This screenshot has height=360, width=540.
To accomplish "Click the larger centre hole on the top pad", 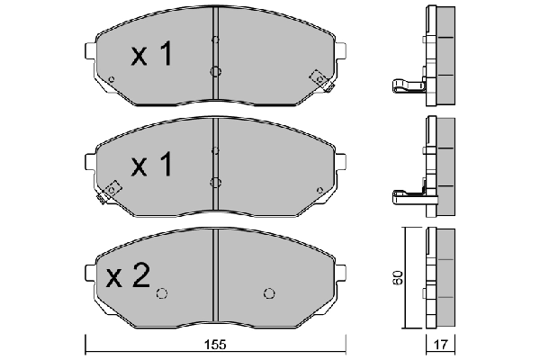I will pyautogui.click(x=215, y=72).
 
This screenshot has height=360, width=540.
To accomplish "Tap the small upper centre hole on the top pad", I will pyautogui.click(x=215, y=40).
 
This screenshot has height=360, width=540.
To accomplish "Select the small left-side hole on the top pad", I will pyautogui.click(x=111, y=80).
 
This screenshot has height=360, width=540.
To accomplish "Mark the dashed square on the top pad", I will pyautogui.click(x=318, y=78).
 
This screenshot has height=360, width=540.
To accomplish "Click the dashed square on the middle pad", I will pyautogui.click(x=112, y=190).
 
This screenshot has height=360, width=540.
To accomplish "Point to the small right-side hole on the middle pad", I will pyautogui.click(x=320, y=189).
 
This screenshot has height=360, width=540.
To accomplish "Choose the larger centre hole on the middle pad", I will pyautogui.click(x=215, y=182).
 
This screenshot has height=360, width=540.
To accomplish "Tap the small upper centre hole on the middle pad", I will pyautogui.click(x=215, y=149).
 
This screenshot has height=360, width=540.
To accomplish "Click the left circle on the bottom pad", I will pyautogui.click(x=162, y=292).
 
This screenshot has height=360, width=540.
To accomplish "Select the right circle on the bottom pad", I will pyautogui.click(x=268, y=292).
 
